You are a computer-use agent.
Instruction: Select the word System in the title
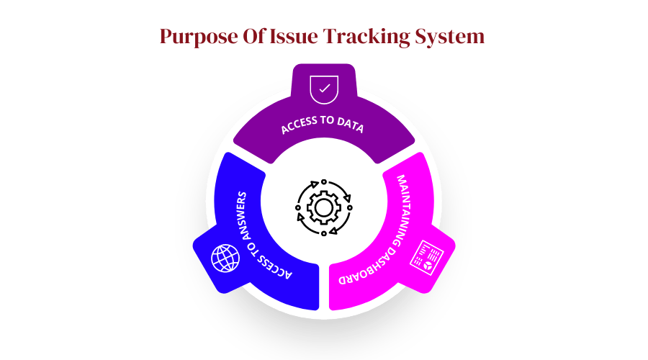[x=451, y=37]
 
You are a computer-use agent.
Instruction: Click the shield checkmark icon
[x=323, y=89]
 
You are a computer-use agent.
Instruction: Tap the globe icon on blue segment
[x=224, y=258]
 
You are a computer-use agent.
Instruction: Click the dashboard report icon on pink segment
[x=426, y=257]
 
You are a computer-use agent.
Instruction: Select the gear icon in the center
[x=323, y=209]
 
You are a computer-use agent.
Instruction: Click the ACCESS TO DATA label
[x=323, y=125]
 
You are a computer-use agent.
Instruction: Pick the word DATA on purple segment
[x=348, y=127]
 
